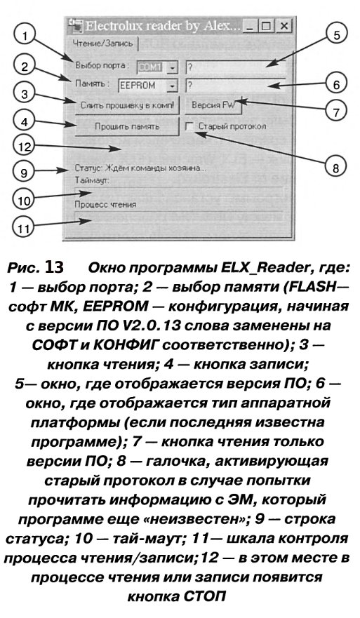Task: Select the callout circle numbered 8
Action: (x=334, y=168)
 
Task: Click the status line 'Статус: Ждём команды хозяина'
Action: (x=140, y=168)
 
